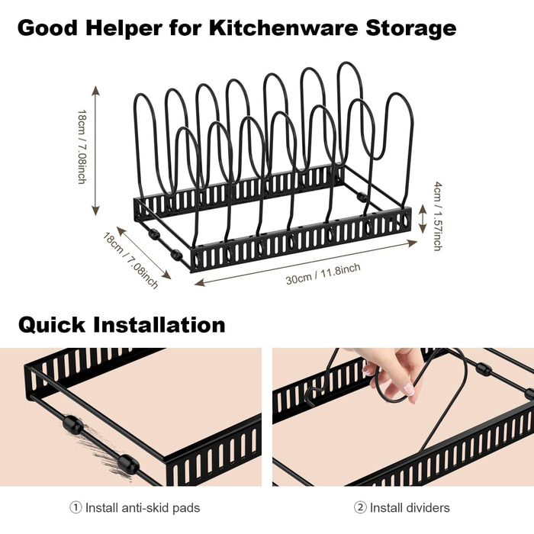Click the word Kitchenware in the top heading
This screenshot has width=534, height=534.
283,27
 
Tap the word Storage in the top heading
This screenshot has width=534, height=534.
410,29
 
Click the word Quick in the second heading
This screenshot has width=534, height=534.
51,325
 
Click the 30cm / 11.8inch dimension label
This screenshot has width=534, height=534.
323,274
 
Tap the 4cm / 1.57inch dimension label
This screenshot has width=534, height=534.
438,216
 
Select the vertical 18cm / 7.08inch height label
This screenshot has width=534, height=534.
82,146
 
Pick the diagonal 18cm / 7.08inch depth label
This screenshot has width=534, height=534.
130,261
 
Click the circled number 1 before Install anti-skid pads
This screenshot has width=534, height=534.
76,508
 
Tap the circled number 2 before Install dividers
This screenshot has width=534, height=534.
360,508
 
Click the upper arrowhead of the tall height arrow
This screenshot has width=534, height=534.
95,91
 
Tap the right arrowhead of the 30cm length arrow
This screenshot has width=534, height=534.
412,243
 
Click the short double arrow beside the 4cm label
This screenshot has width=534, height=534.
422,219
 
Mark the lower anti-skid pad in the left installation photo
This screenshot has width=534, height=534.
128,465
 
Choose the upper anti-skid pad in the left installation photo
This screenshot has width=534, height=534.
72,424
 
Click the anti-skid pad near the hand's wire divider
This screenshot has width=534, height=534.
484,368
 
